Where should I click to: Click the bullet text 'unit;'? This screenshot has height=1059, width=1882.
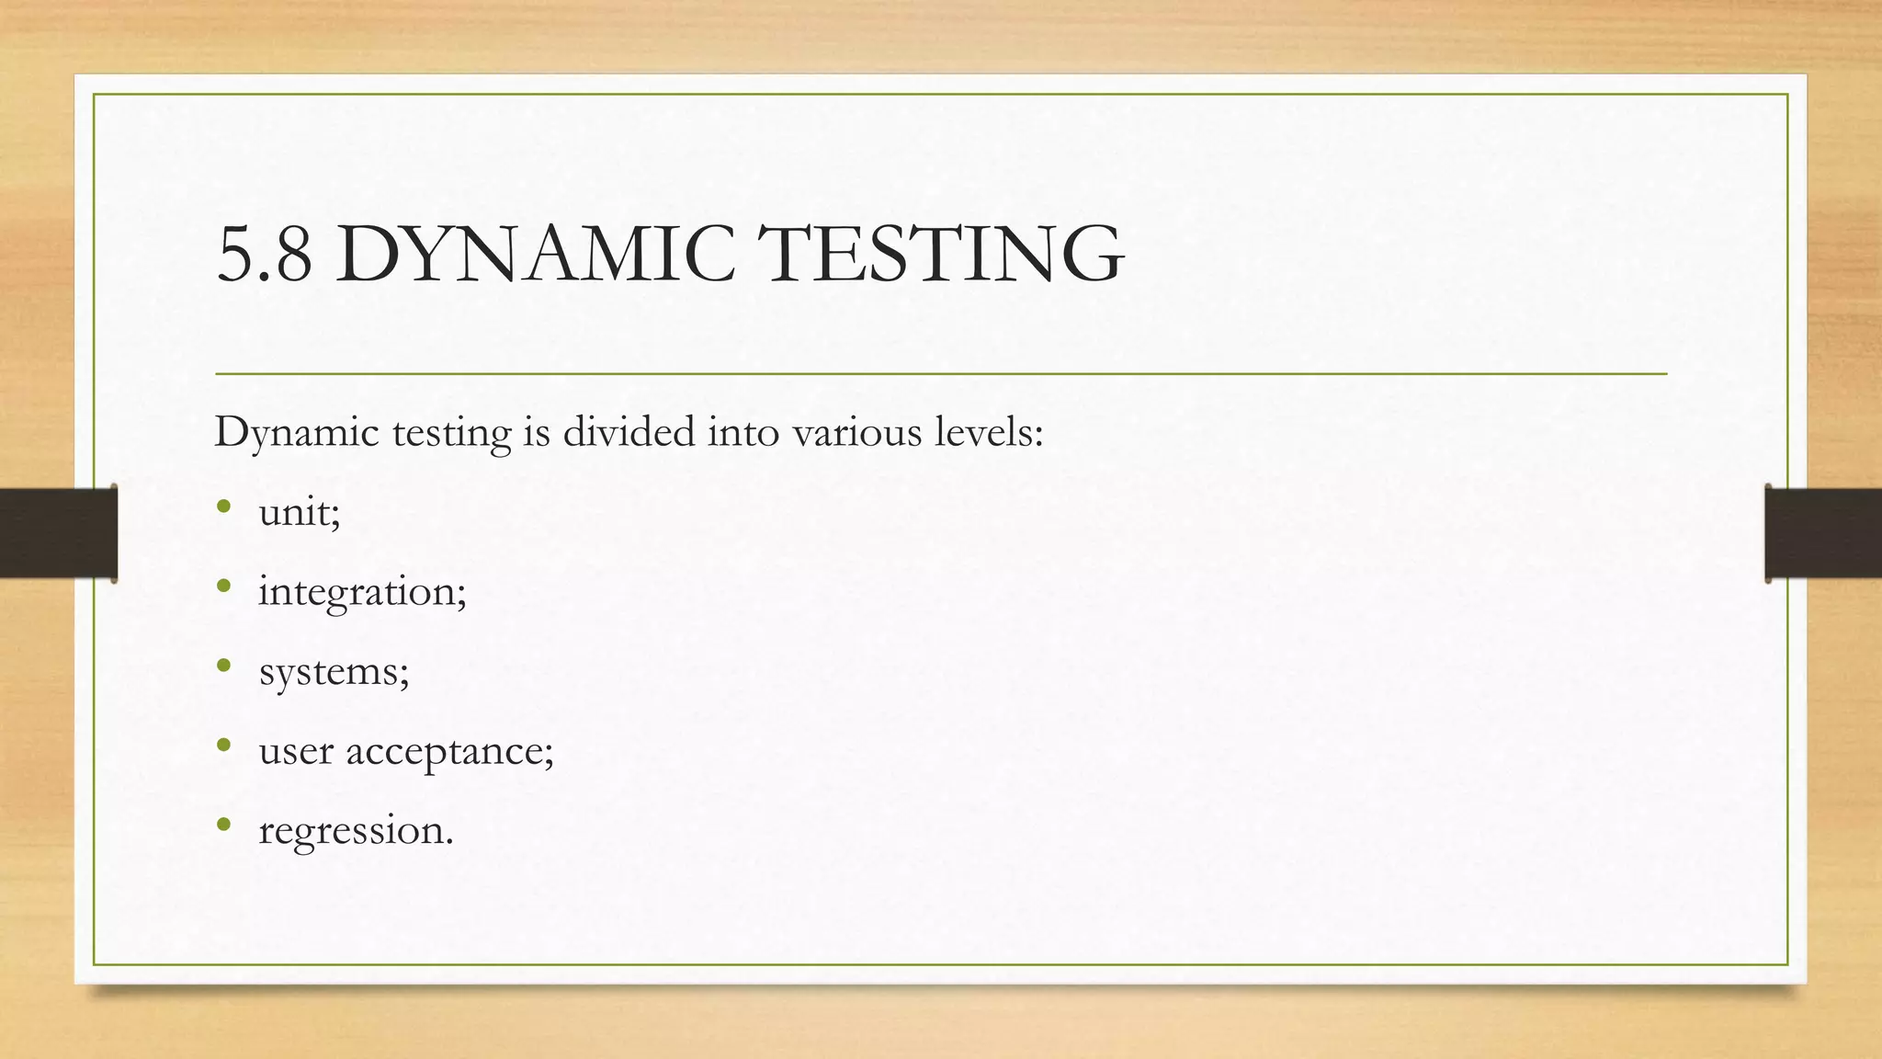pyautogui.click(x=300, y=512)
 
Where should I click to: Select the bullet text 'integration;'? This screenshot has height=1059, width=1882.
pyautogui.click(x=362, y=592)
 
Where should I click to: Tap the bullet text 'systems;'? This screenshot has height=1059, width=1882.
pyautogui.click(x=334, y=671)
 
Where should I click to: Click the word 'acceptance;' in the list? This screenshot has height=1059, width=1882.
pyautogui.click(x=449, y=751)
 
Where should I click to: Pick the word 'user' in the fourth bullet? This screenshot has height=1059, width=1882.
pyautogui.click(x=296, y=751)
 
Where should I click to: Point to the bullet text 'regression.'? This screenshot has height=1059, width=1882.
pyautogui.click(x=356, y=831)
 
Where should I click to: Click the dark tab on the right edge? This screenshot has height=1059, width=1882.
pyautogui.click(x=1823, y=533)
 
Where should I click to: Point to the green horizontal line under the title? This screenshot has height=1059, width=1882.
pyautogui.click(x=941, y=374)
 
